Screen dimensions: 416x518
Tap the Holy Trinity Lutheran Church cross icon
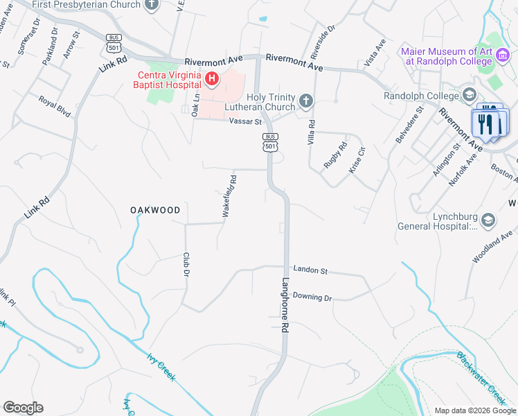pyautogui.click(x=305, y=103)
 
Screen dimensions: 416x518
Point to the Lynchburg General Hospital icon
pyautogui.click(x=488, y=220)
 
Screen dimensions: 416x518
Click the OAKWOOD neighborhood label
pyautogui.click(x=156, y=210)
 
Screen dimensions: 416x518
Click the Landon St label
pyautogui.click(x=310, y=270)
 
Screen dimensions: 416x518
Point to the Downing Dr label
pyautogui.click(x=312, y=297)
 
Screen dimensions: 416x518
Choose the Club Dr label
pyautogui.click(x=186, y=264)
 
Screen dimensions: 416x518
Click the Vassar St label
pyautogui.click(x=245, y=121)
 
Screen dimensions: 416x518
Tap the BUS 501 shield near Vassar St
pyautogui.click(x=271, y=142)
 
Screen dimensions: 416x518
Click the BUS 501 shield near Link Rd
pyautogui.click(x=114, y=43)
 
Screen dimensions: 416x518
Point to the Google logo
pyautogui.click(x=24, y=408)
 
